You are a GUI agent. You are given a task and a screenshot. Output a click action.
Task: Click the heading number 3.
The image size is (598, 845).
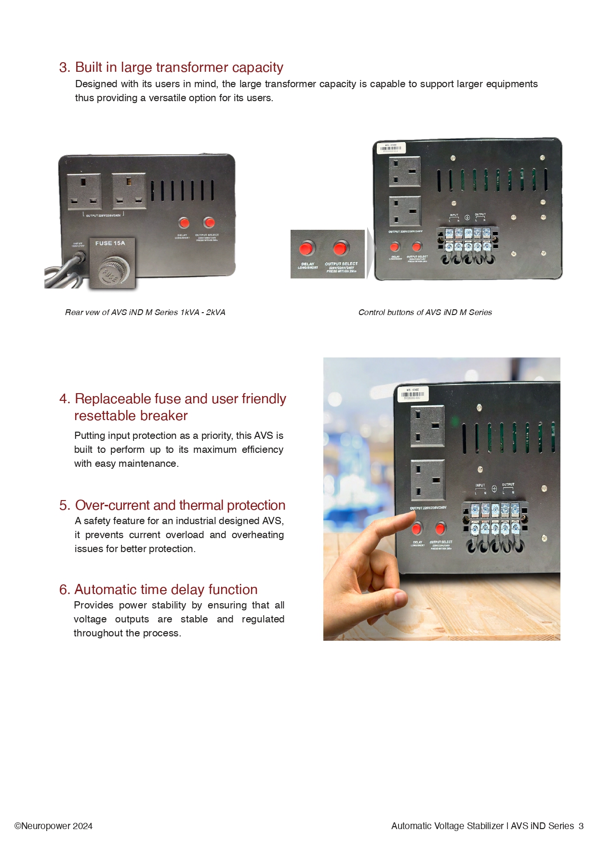pyautogui.click(x=65, y=67)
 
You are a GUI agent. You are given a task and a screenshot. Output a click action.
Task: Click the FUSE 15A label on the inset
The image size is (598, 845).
pyautogui.click(x=110, y=243)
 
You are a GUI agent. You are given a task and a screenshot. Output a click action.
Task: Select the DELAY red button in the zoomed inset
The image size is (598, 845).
pyautogui.click(x=306, y=249)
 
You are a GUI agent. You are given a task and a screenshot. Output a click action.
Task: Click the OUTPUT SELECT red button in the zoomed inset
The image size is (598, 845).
pyautogui.click(x=340, y=249)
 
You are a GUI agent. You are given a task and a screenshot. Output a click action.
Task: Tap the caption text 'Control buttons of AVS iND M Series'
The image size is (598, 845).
pyautogui.click(x=425, y=312)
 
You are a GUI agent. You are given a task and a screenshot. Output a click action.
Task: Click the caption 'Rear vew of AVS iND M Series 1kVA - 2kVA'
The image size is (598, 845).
pyautogui.click(x=145, y=312)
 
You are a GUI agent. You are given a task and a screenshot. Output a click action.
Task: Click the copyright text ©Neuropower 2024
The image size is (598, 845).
pyautogui.click(x=53, y=826)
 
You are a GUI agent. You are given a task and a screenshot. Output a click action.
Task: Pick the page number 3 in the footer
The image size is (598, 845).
pyautogui.click(x=581, y=826)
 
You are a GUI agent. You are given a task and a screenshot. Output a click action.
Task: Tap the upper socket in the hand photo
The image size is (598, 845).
pyautogui.click(x=427, y=426)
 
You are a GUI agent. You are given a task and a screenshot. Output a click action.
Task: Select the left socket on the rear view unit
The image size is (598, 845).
pyautogui.click(x=84, y=191)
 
